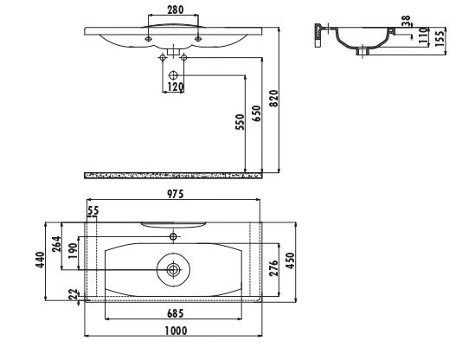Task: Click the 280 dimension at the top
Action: pyautogui.click(x=176, y=10)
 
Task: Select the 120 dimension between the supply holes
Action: pyautogui.click(x=176, y=87)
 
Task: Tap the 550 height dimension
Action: pyautogui.click(x=240, y=122)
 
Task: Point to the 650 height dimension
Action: pyautogui.click(x=257, y=113)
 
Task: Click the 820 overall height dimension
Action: pyautogui.click(x=273, y=98)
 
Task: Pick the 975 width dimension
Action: pyautogui.click(x=176, y=194)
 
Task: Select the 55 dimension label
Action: pyautogui.click(x=93, y=210)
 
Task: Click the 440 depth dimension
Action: pyautogui.click(x=40, y=260)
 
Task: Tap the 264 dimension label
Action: pyautogui.click(x=56, y=244)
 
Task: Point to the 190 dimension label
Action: pyautogui.click(x=73, y=251)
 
